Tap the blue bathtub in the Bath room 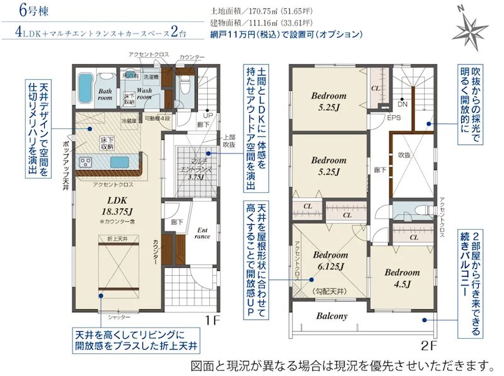click(85, 85)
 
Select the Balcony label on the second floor click(332, 316)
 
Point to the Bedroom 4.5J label click(402, 278)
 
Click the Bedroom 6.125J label click(330, 261)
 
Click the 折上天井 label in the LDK click(117, 239)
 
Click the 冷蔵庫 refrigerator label click(129, 120)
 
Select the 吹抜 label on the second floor click(404, 155)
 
